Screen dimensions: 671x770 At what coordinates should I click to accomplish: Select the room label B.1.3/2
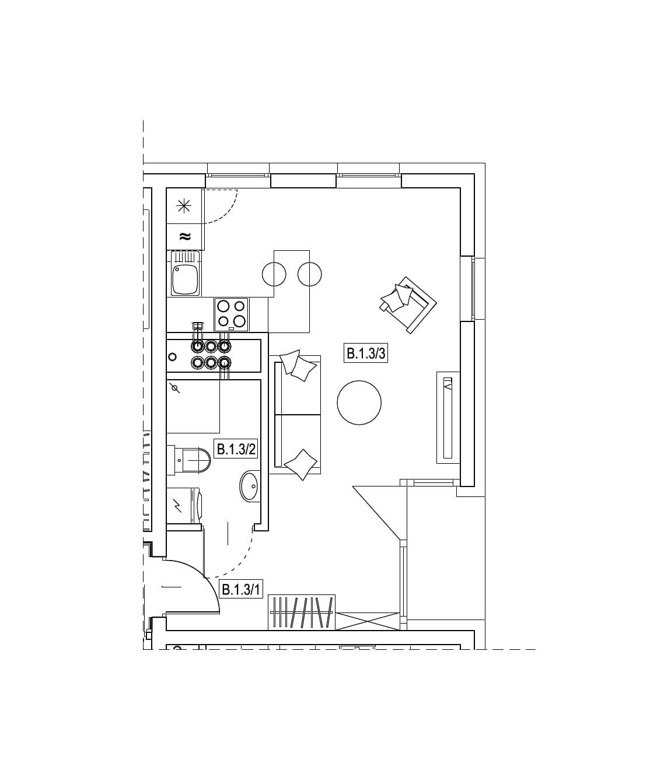click(x=236, y=449)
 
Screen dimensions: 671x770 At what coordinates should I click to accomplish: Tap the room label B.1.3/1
click(x=241, y=589)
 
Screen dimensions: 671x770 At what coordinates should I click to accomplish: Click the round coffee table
click(x=359, y=402)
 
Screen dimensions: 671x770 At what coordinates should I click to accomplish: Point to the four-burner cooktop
click(x=232, y=314)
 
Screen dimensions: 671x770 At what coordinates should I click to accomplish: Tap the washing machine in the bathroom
click(x=184, y=505)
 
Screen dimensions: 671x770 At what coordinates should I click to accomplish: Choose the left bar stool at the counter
click(x=274, y=274)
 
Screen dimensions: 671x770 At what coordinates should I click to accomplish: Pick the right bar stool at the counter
click(x=309, y=274)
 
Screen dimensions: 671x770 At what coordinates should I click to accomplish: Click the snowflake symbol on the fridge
click(x=184, y=206)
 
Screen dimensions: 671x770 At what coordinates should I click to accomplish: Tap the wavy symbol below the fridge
click(x=184, y=236)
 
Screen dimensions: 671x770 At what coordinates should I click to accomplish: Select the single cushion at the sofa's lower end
click(x=300, y=464)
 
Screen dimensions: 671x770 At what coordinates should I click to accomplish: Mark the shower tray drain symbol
click(x=174, y=388)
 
